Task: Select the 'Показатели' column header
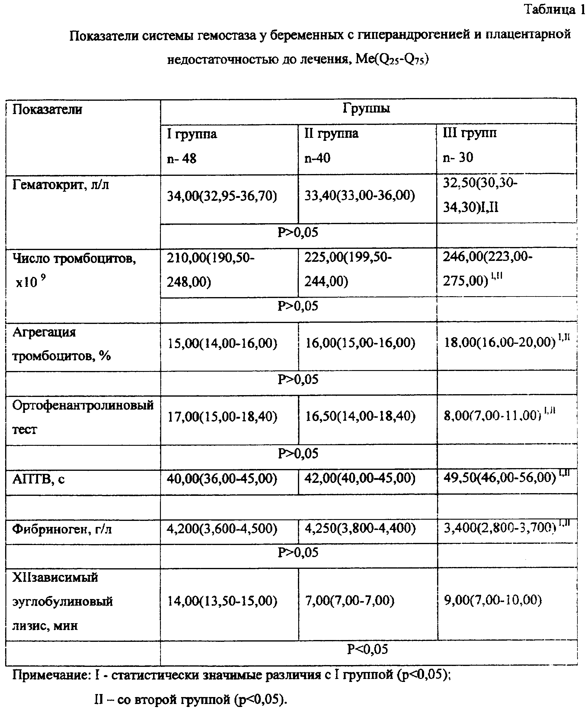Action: coord(47,109)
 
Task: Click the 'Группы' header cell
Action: coord(366,109)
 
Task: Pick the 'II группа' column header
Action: coord(331,134)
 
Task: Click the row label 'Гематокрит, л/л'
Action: coord(61,185)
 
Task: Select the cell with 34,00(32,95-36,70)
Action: coord(222,196)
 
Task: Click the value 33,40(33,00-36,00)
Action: coord(360,195)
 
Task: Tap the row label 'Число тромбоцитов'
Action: coord(74,259)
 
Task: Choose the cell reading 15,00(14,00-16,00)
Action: coord(222,344)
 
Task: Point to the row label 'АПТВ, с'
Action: coord(38,479)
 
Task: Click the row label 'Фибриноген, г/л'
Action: coord(62,529)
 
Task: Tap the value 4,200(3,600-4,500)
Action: coord(222,528)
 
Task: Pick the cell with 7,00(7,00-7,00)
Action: coord(350,601)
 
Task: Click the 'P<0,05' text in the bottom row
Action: coord(367,649)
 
